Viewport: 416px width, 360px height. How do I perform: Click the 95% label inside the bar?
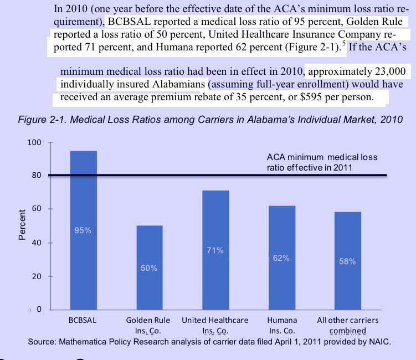click(x=83, y=230)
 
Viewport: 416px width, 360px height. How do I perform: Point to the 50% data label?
click(x=150, y=268)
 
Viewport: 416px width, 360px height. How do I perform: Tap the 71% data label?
click(x=215, y=250)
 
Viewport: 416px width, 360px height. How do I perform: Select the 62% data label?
click(x=281, y=258)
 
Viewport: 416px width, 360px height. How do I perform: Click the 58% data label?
click(x=347, y=261)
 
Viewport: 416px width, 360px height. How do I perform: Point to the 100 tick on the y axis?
click(x=34, y=143)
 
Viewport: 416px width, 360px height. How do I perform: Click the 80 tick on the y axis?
click(x=37, y=176)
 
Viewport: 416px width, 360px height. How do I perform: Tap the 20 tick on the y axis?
click(x=37, y=276)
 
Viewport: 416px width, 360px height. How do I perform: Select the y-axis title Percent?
click(x=22, y=224)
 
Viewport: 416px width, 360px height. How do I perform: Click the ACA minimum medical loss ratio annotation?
click(x=322, y=162)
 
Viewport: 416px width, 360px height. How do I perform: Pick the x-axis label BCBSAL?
click(x=83, y=320)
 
